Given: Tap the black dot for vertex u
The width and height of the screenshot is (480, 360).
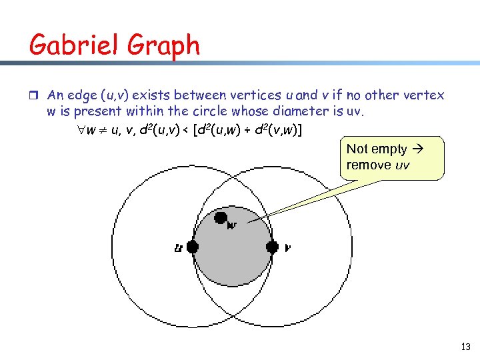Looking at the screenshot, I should click(x=193, y=247).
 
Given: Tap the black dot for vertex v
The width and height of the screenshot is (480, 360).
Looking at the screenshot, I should click(x=271, y=247).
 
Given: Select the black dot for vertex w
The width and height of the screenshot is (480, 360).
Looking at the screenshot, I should click(x=221, y=217).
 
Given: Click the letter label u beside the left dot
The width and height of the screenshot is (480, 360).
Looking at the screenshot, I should click(x=178, y=248).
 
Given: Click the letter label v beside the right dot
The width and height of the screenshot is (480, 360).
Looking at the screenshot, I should click(x=287, y=248).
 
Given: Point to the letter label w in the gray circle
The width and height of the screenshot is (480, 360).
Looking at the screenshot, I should click(x=233, y=225).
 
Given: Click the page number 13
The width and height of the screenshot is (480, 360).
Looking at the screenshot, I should click(x=465, y=347).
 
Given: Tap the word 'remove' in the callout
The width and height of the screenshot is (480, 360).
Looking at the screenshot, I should click(x=368, y=165).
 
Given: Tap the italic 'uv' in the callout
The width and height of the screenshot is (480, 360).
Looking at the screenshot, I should click(x=403, y=165).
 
